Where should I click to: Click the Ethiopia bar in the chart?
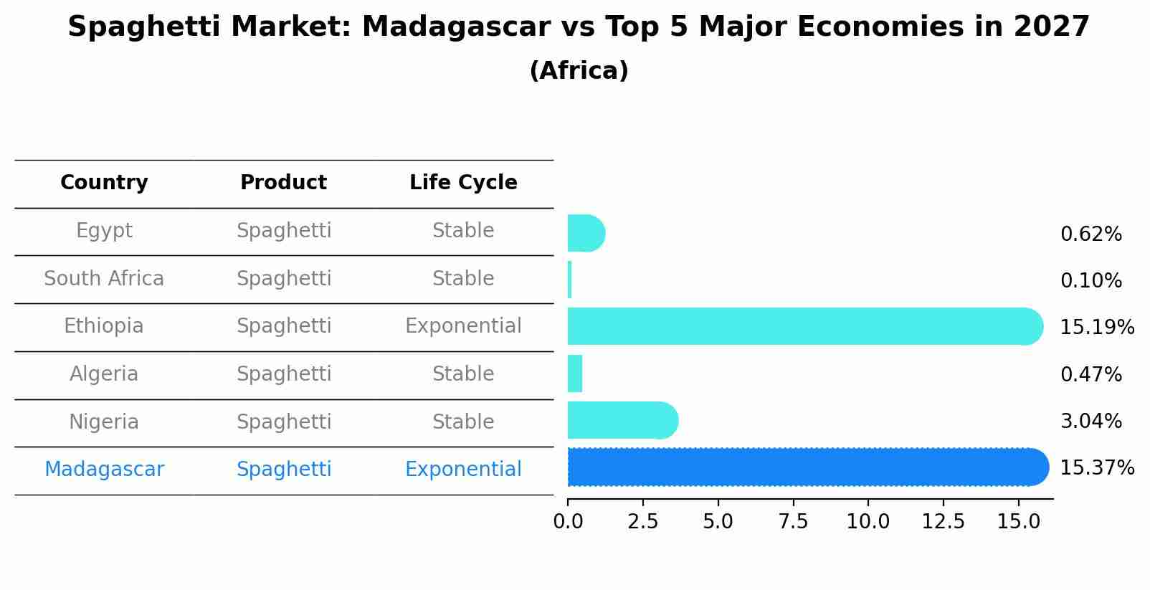[x=803, y=326]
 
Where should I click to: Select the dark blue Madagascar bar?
[x=807, y=467]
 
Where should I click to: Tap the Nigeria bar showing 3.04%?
[x=621, y=420]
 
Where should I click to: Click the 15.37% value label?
[x=1096, y=468]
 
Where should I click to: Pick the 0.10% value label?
[x=1090, y=281]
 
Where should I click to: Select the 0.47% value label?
[x=1090, y=374]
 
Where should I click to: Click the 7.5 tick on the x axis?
[x=793, y=522]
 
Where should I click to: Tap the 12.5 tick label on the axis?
[x=943, y=522]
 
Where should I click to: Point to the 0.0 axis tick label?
[x=568, y=522]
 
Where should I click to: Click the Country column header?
[x=104, y=183]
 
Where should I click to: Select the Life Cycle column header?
[x=463, y=183]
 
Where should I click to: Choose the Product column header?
[x=283, y=183]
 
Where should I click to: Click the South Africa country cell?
[x=104, y=279]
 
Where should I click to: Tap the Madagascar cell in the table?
[x=104, y=470]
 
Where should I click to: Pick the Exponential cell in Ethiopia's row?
[x=463, y=326]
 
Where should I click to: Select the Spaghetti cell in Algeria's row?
[x=284, y=374]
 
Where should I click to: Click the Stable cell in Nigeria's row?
[x=463, y=422]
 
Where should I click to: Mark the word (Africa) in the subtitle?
[x=579, y=71]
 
